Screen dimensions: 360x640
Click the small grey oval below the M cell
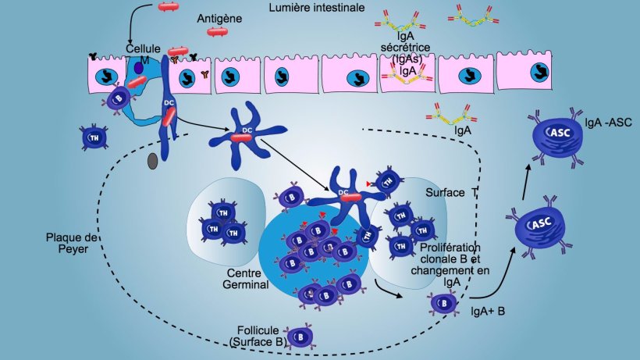152,161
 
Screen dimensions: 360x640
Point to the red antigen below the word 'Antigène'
218,32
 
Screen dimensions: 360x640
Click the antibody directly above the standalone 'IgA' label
447,116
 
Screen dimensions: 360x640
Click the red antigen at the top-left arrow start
169,7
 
